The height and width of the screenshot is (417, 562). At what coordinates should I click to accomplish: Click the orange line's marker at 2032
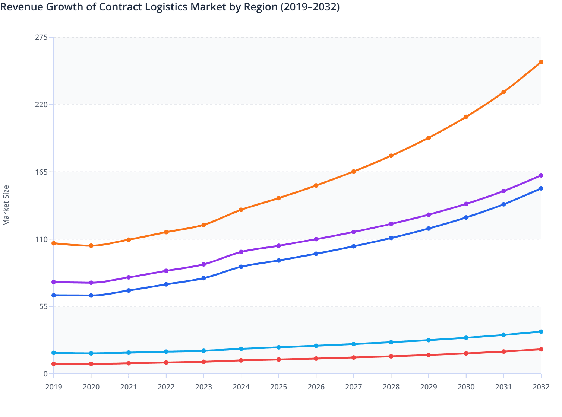[x=541, y=62]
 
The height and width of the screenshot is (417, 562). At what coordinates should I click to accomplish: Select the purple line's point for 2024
[x=241, y=252]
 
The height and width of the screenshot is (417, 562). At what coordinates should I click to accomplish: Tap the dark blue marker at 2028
[x=391, y=238]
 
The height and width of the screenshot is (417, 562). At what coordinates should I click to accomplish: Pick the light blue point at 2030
[x=466, y=338]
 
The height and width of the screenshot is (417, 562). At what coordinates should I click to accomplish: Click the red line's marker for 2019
[x=54, y=364]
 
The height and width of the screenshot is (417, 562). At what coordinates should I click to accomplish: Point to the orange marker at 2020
[x=91, y=246]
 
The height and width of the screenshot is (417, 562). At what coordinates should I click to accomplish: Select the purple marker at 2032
[x=541, y=175]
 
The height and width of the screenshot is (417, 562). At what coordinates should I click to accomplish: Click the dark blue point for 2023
[x=203, y=278]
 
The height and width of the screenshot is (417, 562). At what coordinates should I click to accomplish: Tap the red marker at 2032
[x=541, y=349]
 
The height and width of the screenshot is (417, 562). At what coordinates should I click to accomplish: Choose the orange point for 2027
[x=354, y=171]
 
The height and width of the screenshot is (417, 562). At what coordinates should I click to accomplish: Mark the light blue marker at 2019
[x=54, y=353]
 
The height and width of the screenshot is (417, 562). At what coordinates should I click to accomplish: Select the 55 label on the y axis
[x=44, y=307]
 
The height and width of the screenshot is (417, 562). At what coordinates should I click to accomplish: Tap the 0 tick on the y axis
[x=45, y=374]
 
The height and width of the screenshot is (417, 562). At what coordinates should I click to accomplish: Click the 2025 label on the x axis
[x=278, y=387]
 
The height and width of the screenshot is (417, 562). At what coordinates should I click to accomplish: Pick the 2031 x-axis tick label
[x=503, y=387]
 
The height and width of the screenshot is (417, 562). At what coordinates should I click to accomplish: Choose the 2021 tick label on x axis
[x=129, y=387]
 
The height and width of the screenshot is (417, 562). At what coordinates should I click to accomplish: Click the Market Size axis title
[x=6, y=205]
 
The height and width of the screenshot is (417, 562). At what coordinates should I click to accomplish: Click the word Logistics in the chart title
[x=166, y=7]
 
